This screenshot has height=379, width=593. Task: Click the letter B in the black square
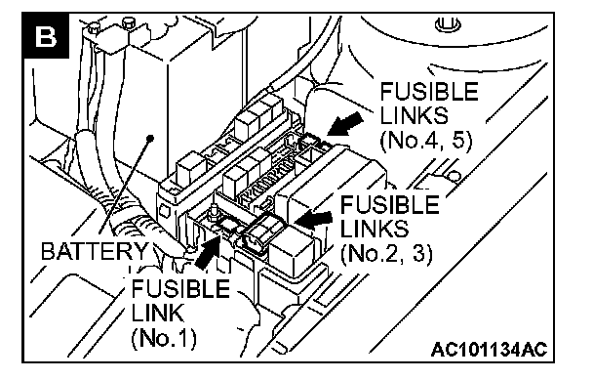46,37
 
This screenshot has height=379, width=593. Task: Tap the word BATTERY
95,251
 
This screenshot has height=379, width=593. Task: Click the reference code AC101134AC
489,350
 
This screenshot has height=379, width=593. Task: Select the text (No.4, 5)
426,141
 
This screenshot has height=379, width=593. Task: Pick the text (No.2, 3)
386,254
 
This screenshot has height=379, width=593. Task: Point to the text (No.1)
164,338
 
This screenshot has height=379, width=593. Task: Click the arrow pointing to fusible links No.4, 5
345,124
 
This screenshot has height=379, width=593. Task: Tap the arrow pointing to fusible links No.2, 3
313,219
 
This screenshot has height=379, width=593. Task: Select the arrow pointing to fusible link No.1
208,250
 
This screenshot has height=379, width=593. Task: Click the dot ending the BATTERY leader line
150,138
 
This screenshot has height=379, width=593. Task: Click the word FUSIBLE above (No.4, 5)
429,92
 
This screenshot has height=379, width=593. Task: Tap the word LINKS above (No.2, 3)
375,229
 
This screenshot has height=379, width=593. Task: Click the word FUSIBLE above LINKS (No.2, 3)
389,204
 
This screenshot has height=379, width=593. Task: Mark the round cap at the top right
448,25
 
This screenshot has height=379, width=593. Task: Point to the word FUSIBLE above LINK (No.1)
180,288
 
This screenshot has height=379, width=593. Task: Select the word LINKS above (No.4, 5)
414,115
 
